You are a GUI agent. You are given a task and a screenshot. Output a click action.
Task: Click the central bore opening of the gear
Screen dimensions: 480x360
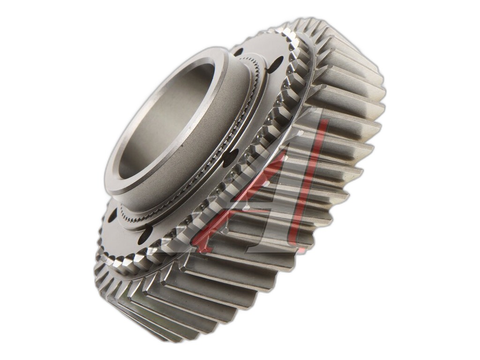165,120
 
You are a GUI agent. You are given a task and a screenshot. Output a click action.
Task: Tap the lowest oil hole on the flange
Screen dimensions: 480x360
145,235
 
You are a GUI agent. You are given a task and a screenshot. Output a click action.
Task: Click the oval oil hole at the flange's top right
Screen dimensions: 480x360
277,65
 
